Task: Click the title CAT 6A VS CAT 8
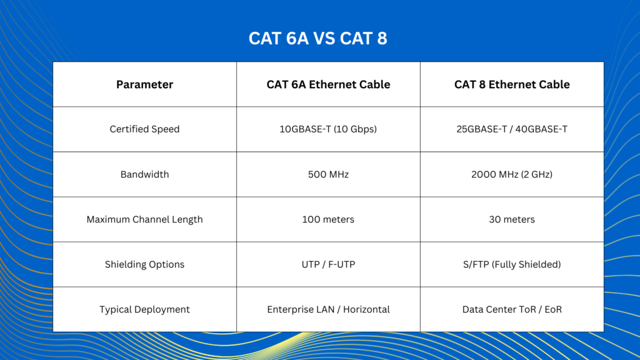pos(317,39)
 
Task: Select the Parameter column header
pos(144,84)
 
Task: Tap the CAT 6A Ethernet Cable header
pos(328,84)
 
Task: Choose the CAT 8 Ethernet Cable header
pos(512,84)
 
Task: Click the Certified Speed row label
pos(144,129)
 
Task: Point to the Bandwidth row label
pos(144,174)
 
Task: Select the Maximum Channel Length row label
pos(144,219)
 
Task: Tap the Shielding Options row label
pos(144,264)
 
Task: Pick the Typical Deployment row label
pos(144,309)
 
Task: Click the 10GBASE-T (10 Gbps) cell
pos(328,129)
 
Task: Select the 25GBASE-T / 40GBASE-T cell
pos(512,129)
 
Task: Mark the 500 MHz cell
pos(328,174)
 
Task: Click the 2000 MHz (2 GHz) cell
pos(512,174)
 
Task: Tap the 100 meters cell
pos(328,219)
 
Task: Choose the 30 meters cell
pos(512,219)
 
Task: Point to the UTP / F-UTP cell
pos(328,264)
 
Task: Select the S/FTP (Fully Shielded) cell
pos(512,264)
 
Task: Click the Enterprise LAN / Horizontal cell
pos(328,309)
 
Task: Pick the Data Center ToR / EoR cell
pos(512,309)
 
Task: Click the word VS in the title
pos(324,39)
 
